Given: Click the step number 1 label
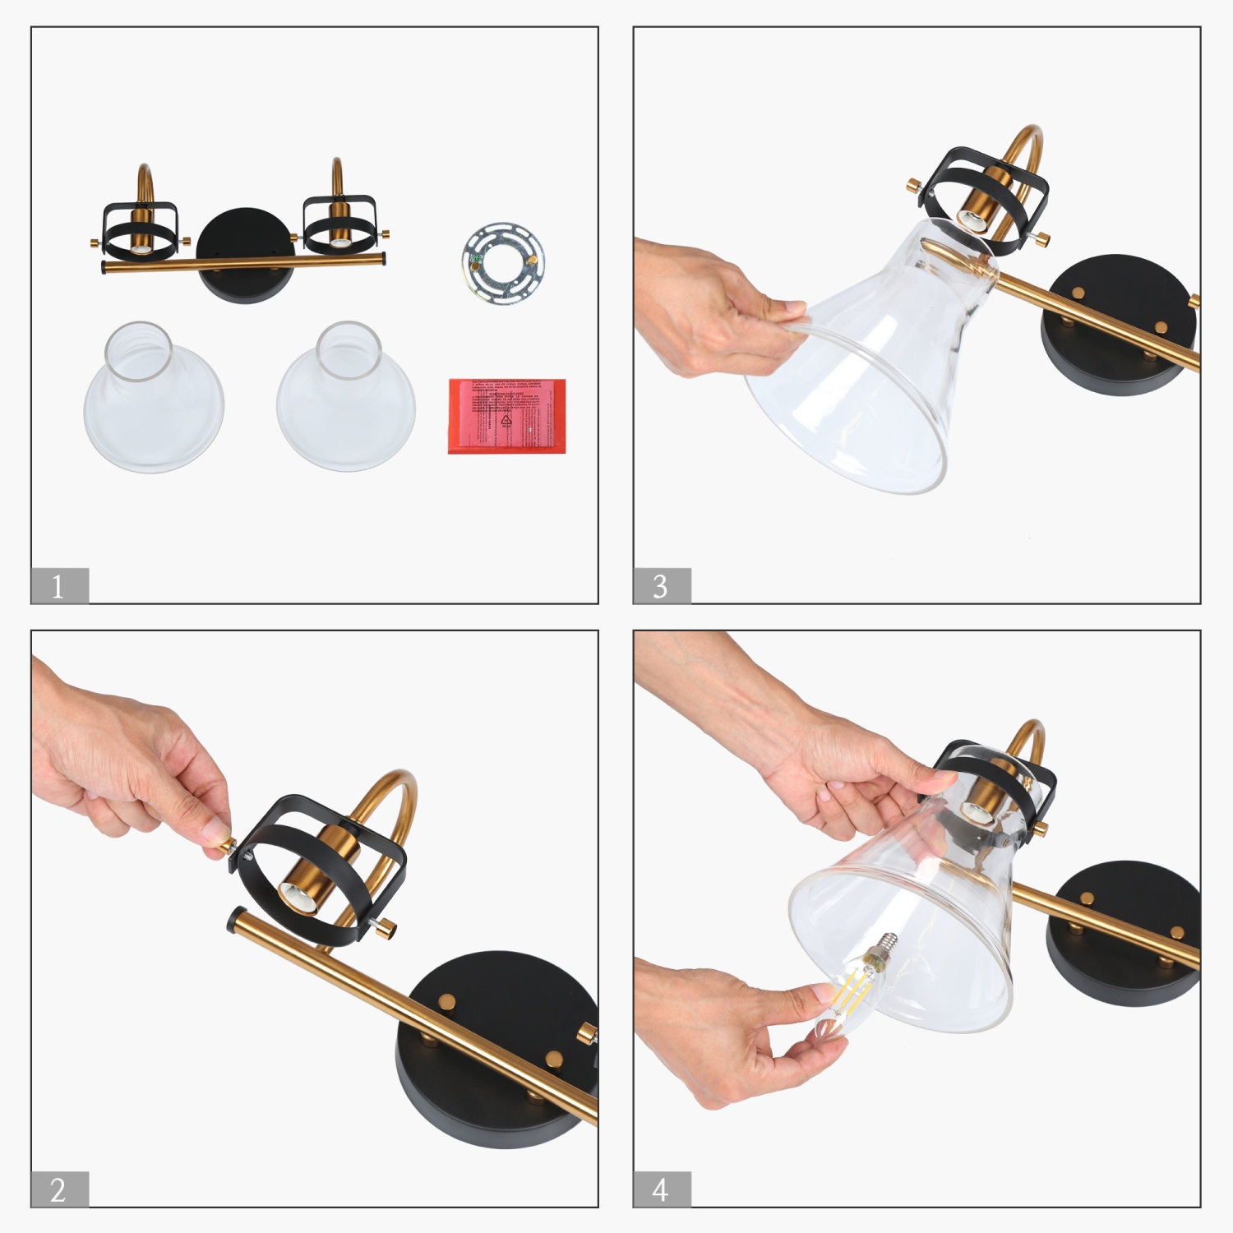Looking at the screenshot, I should pyautogui.click(x=59, y=586).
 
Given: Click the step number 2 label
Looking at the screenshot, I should pyautogui.click(x=59, y=1189).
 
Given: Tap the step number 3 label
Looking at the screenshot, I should pyautogui.click(x=662, y=586).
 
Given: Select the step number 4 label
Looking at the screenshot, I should pyautogui.click(x=662, y=1189).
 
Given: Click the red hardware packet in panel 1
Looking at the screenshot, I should pyautogui.click(x=507, y=415).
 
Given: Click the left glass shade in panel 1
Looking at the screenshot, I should pyautogui.click(x=153, y=399).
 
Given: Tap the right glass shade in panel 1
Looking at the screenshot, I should pyautogui.click(x=346, y=399).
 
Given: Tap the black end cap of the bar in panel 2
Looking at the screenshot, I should pyautogui.click(x=236, y=919).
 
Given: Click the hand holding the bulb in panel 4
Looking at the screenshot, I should pyautogui.click(x=732, y=1027).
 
